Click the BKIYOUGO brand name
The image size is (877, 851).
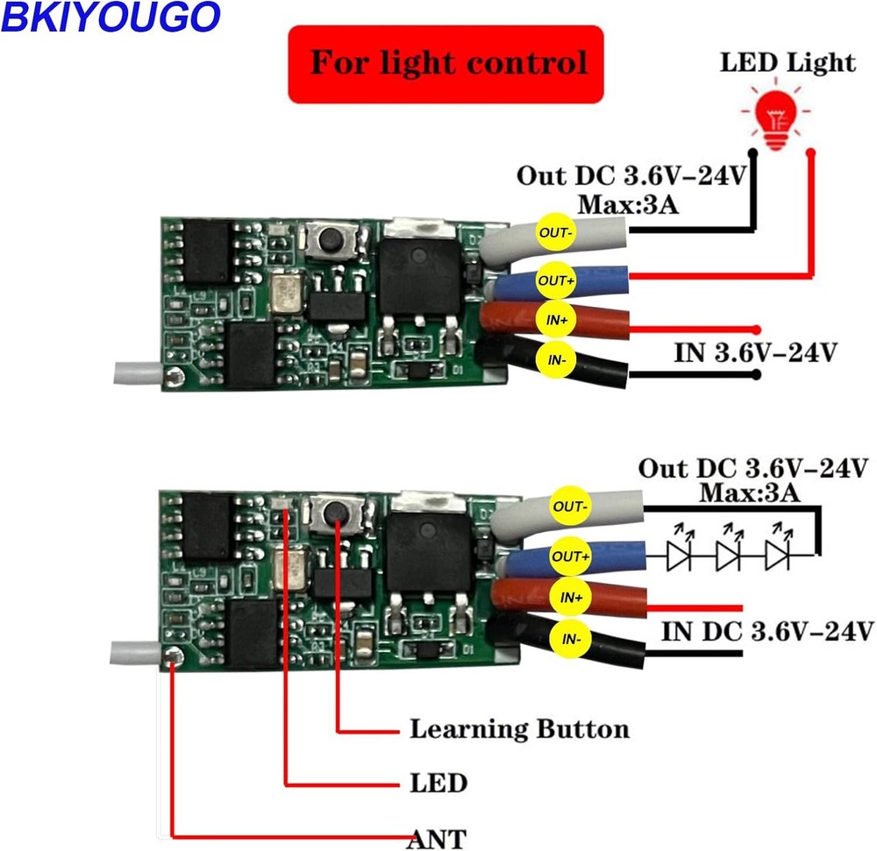[109, 18]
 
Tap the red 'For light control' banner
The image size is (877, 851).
[447, 64]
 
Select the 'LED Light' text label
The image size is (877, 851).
[788, 63]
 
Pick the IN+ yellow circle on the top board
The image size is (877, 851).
[556, 320]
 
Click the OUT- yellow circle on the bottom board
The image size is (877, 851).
[570, 507]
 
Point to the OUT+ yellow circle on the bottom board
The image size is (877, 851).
[570, 556]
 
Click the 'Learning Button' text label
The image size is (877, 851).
[519, 729]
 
